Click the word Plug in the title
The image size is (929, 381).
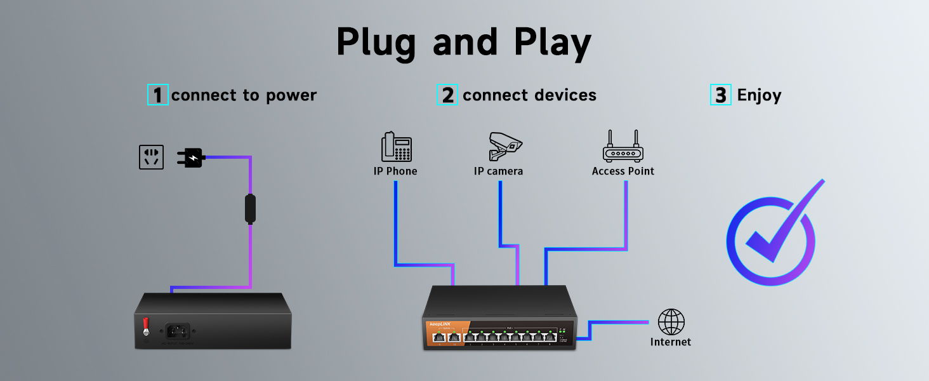(375, 43)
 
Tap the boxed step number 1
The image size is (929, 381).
(157, 95)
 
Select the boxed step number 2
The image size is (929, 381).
(447, 95)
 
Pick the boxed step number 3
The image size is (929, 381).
(720, 95)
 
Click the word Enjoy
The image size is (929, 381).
(759, 95)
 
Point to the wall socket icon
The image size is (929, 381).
(151, 157)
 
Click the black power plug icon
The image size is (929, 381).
(190, 157)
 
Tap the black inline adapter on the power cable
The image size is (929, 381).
(251, 209)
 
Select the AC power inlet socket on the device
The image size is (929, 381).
(178, 331)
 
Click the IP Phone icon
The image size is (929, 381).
(396, 147)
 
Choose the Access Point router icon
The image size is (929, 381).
(623, 147)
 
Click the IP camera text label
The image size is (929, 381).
(498, 171)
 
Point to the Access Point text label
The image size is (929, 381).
(623, 171)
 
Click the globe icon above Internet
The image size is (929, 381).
(671, 322)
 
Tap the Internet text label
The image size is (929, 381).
(670, 342)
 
